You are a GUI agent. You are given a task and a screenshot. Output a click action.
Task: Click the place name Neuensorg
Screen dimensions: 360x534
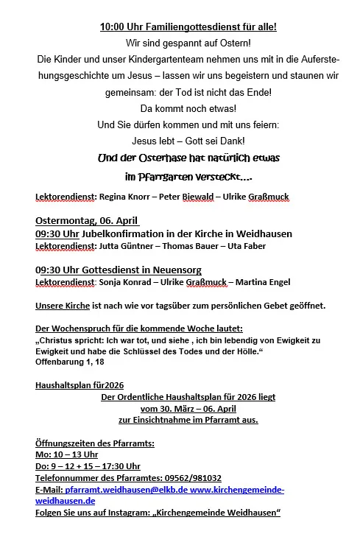pos(172,270)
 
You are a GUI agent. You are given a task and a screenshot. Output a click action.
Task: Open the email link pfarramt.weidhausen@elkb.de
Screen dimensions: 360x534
pos(125,490)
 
